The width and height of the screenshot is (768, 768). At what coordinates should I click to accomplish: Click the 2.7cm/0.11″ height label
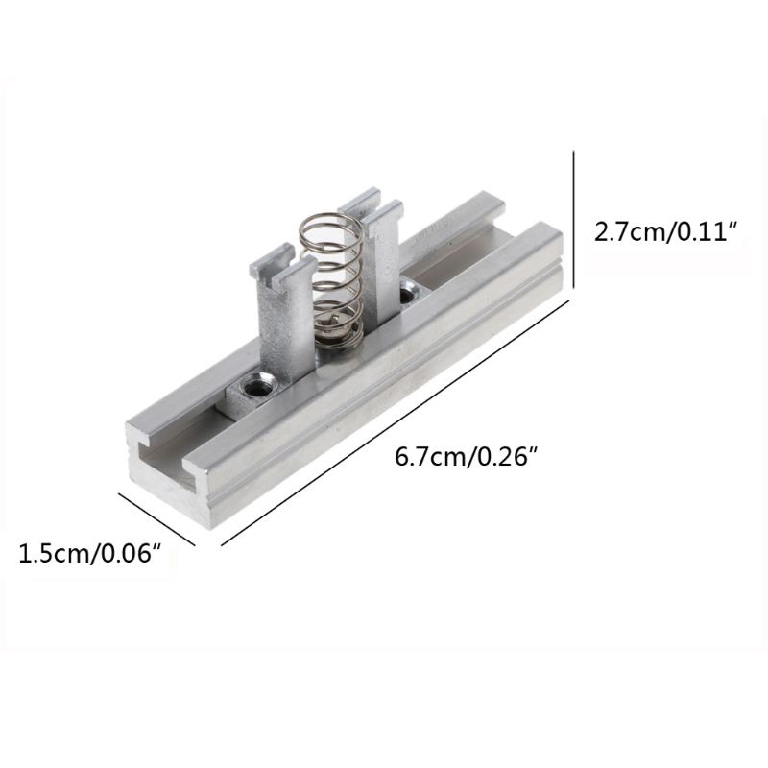pyautogui.click(x=665, y=232)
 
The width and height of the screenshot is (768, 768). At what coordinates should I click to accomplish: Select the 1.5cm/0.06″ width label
pyautogui.click(x=90, y=555)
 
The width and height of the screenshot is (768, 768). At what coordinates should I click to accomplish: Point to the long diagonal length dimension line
pyautogui.click(x=395, y=422)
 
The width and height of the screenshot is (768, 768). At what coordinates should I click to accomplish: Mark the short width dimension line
pyautogui.click(x=156, y=518)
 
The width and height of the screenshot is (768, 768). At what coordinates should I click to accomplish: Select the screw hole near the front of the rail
pyautogui.click(x=257, y=385)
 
